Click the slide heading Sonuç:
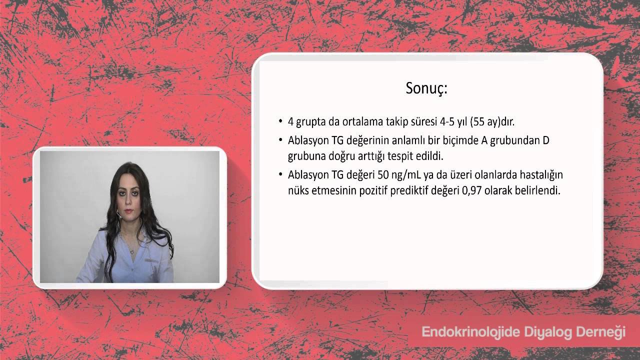426,88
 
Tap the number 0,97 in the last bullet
471,190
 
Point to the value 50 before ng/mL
383,175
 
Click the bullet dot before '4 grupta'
280,121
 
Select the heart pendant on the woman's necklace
131,251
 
